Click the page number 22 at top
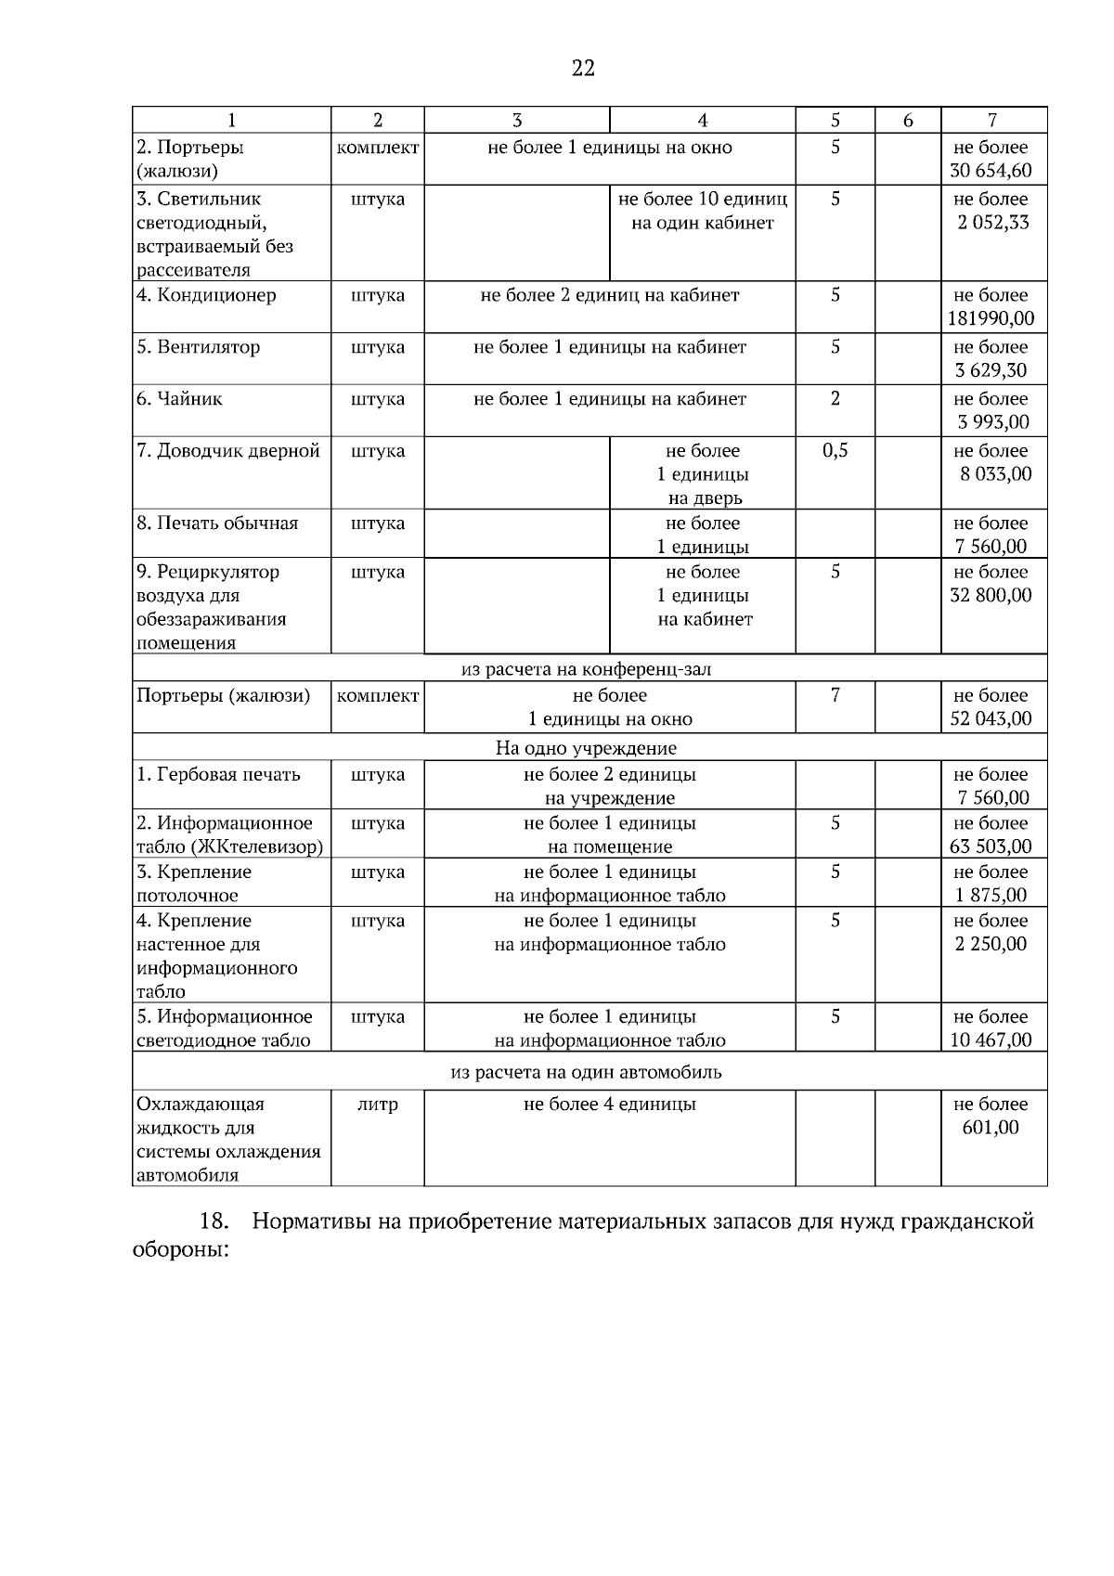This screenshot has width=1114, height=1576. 583,68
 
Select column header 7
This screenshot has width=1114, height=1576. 992,120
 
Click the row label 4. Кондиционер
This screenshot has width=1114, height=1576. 206,295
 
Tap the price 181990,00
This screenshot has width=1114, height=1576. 991,318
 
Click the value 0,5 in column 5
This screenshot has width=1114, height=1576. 835,451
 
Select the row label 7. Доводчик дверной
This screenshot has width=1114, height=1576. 228,451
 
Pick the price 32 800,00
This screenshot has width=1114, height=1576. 991,595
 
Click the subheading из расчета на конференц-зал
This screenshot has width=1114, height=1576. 587,669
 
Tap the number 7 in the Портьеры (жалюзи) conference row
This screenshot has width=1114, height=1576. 835,695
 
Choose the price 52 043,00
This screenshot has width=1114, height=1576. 991,718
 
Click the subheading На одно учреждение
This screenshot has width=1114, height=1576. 586,748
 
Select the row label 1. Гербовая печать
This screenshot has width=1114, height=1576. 218,774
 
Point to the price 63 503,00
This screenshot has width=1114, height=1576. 991,846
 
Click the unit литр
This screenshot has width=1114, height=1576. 377,1104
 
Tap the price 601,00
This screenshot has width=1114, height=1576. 991,1128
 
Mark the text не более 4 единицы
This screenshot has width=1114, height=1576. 609,1104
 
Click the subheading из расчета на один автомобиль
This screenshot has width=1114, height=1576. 586,1072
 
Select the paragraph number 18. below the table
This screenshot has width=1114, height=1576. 214,1221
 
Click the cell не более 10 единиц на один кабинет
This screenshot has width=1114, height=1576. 702,211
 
